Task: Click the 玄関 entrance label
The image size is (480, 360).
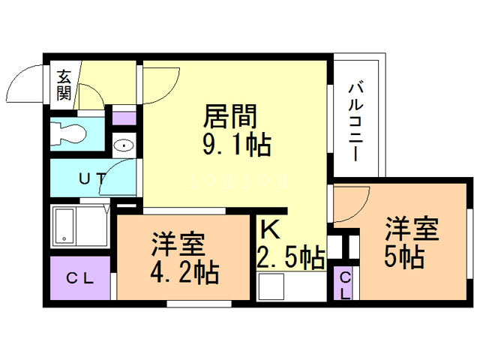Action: point(64,85)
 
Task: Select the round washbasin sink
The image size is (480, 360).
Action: point(123,145)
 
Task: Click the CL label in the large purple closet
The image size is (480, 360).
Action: point(79,279)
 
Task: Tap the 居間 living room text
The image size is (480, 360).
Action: point(231,116)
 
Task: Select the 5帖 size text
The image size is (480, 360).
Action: point(405,257)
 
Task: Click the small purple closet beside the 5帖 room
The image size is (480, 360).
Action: point(344,284)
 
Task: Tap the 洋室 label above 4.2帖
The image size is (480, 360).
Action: point(179,244)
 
